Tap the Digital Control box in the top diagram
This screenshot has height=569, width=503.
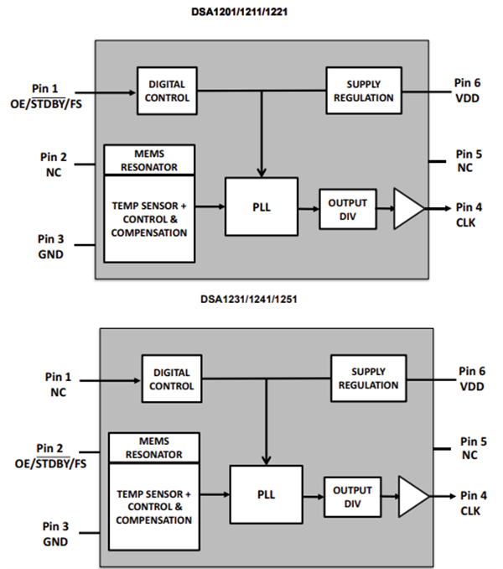click(168, 91)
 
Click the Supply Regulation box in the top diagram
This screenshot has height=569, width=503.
click(364, 91)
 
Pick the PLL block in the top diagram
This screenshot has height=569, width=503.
click(261, 206)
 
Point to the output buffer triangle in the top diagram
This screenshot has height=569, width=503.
click(407, 208)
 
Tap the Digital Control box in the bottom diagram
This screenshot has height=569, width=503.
click(172, 379)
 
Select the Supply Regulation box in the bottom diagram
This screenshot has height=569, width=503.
click(368, 378)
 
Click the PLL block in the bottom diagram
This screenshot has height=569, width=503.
click(266, 495)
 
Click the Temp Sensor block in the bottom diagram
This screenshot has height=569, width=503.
click(154, 507)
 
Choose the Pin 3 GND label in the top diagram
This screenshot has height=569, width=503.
click(52, 247)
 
